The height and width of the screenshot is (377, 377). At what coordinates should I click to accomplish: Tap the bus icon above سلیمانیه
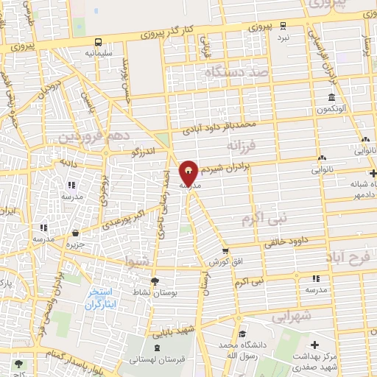tap(99, 42)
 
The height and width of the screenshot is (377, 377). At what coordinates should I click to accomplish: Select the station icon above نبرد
tap(283, 25)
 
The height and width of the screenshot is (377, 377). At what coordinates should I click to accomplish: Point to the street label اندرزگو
tap(145, 152)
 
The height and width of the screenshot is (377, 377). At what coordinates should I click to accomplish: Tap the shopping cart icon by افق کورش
tap(225, 251)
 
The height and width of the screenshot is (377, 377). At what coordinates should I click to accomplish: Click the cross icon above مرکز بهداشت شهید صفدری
tap(314, 344)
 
